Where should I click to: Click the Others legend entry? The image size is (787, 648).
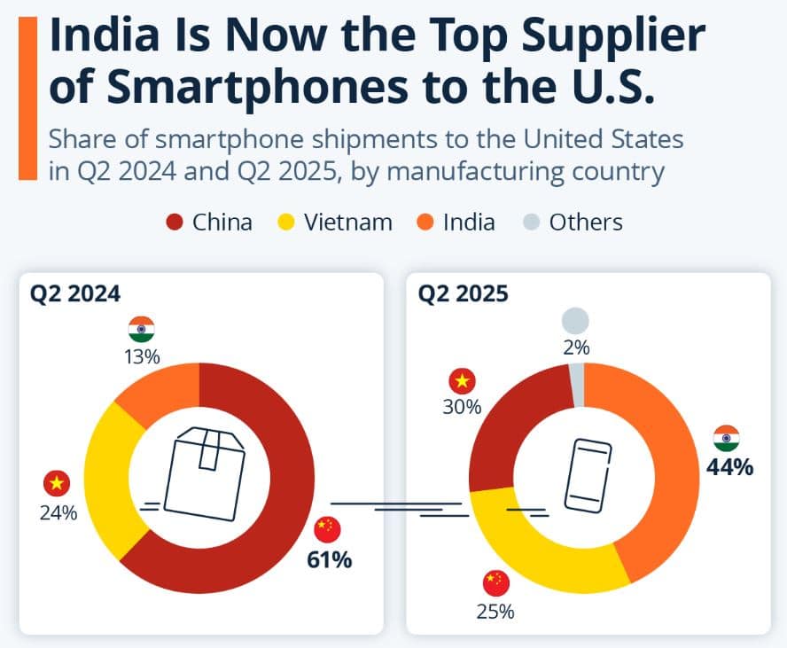tap(572, 222)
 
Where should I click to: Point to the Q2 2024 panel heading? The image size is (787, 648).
tap(77, 293)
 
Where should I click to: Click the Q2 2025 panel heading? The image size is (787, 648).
tap(464, 293)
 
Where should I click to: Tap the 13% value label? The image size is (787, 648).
tap(142, 357)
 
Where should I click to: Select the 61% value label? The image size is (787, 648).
tap(329, 559)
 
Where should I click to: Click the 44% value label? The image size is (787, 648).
tap(729, 467)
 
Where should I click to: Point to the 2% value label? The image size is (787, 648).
tap(576, 348)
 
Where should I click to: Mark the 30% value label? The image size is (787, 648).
tap(463, 407)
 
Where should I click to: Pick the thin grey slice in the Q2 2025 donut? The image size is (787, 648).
tap(578, 381)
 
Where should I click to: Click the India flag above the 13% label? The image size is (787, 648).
tap(142, 330)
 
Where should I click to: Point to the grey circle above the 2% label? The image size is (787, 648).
tap(575, 321)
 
